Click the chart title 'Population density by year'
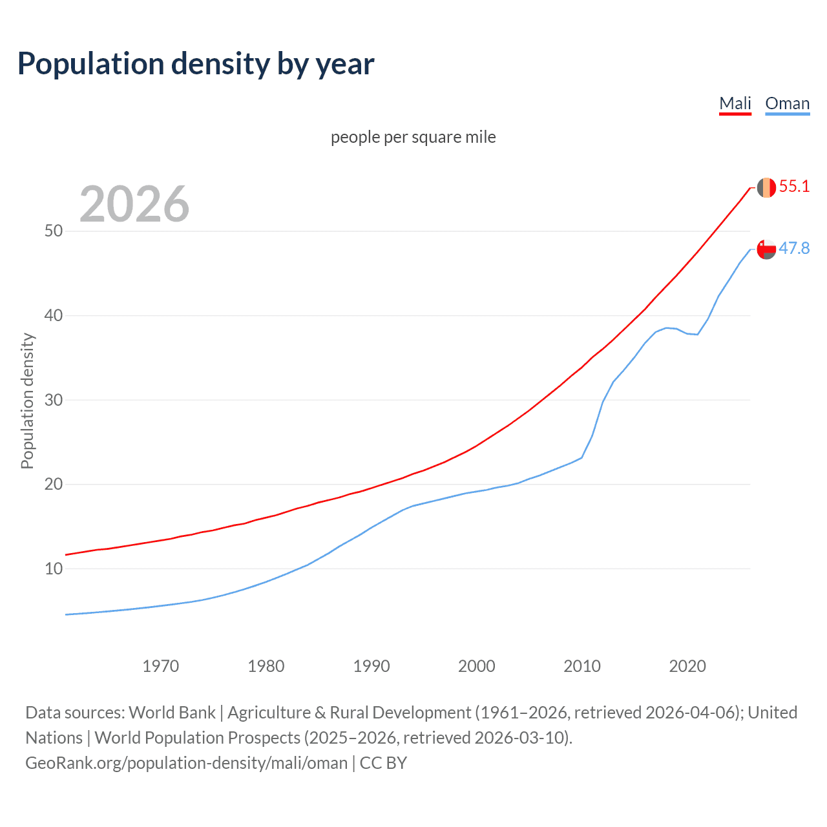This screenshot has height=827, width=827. [x=196, y=64]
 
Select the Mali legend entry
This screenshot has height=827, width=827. [x=735, y=104]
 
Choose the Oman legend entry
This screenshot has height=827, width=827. [x=787, y=104]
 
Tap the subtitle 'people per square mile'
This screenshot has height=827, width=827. [x=413, y=138]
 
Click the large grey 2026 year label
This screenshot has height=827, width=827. [x=134, y=204]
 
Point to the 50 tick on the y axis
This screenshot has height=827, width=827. [x=54, y=231]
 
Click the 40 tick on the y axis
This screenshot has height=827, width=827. [x=54, y=316]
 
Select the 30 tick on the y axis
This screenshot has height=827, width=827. [x=54, y=400]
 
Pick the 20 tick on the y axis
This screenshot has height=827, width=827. [x=54, y=485]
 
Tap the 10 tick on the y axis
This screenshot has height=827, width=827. [x=54, y=569]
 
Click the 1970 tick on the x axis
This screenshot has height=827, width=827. [x=161, y=666]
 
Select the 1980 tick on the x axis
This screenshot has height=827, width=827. [x=266, y=666]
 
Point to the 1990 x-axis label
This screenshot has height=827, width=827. [x=372, y=666]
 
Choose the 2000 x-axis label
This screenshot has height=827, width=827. [x=477, y=666]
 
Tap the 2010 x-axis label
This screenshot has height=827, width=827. [x=582, y=666]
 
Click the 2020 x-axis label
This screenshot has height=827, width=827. [x=687, y=666]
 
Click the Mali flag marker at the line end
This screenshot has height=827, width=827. [x=766, y=187]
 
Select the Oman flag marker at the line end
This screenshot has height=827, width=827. [x=766, y=249]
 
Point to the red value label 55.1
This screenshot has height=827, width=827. [x=794, y=187]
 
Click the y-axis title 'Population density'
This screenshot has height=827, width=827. [x=27, y=401]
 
